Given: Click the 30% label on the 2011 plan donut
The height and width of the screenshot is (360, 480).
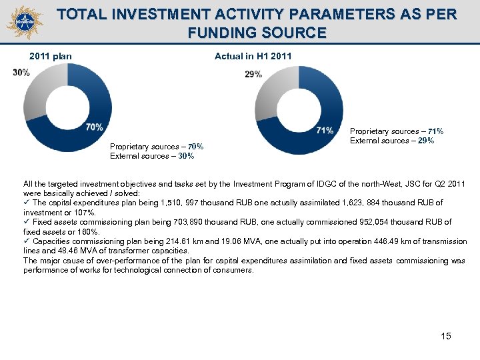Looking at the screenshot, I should [21, 73].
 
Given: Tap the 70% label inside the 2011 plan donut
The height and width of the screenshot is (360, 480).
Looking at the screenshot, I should [94, 127].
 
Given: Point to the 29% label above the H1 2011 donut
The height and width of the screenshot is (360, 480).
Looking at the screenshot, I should [253, 75].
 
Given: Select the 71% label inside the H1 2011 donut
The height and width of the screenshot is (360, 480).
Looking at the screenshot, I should [325, 130].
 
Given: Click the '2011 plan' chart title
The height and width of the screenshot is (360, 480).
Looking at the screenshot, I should [51, 57].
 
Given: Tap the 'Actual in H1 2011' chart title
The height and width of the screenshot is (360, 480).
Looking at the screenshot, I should [253, 57].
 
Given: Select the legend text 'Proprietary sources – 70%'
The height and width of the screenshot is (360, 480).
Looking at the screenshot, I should [157, 147].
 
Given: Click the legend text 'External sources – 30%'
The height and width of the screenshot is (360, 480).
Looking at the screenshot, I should [152, 156].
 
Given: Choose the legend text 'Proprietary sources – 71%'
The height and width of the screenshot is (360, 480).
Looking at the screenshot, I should [397, 132].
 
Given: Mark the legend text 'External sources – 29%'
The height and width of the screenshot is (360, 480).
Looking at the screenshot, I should [392, 141].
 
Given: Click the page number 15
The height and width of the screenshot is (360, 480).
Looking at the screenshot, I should [446, 336].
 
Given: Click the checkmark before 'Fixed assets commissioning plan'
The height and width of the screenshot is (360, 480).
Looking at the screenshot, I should [27, 222].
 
